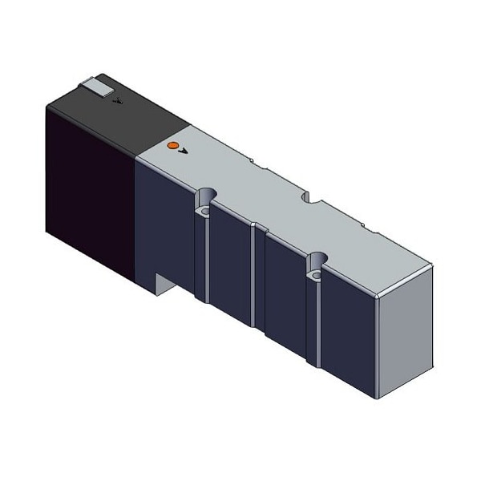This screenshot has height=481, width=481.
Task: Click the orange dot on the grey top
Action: click(170, 145)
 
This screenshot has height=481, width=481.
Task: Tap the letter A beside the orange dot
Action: click(182, 150)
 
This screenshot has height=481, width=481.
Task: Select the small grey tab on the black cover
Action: click(96, 87)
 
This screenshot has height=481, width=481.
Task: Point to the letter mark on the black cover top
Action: click(119, 102)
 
